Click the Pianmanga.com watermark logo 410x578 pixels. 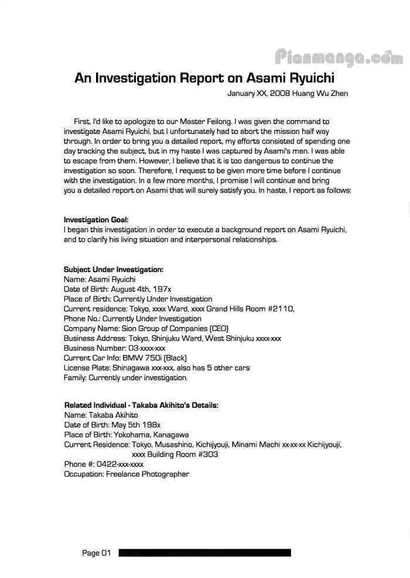[x=339, y=57]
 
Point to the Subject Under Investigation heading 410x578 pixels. [x=113, y=270]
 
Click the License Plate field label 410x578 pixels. [x=87, y=368]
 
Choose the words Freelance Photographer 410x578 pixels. [x=147, y=474]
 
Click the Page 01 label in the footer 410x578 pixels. [x=96, y=553]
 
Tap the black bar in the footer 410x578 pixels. [x=204, y=553]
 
